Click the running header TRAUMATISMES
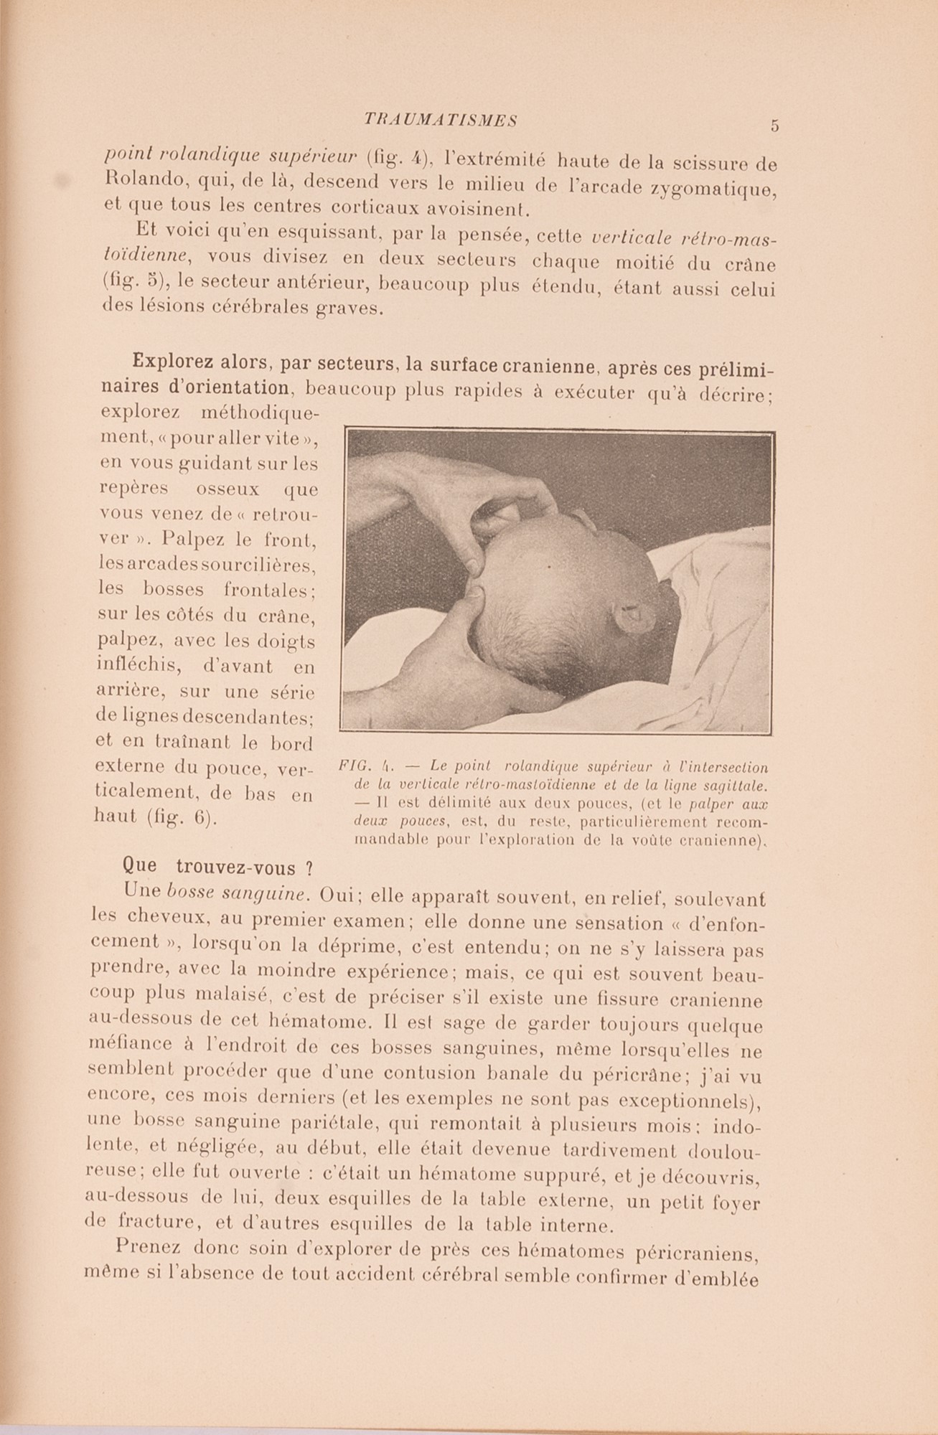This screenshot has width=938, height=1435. [x=441, y=121]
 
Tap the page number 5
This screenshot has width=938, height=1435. [x=774, y=126]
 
